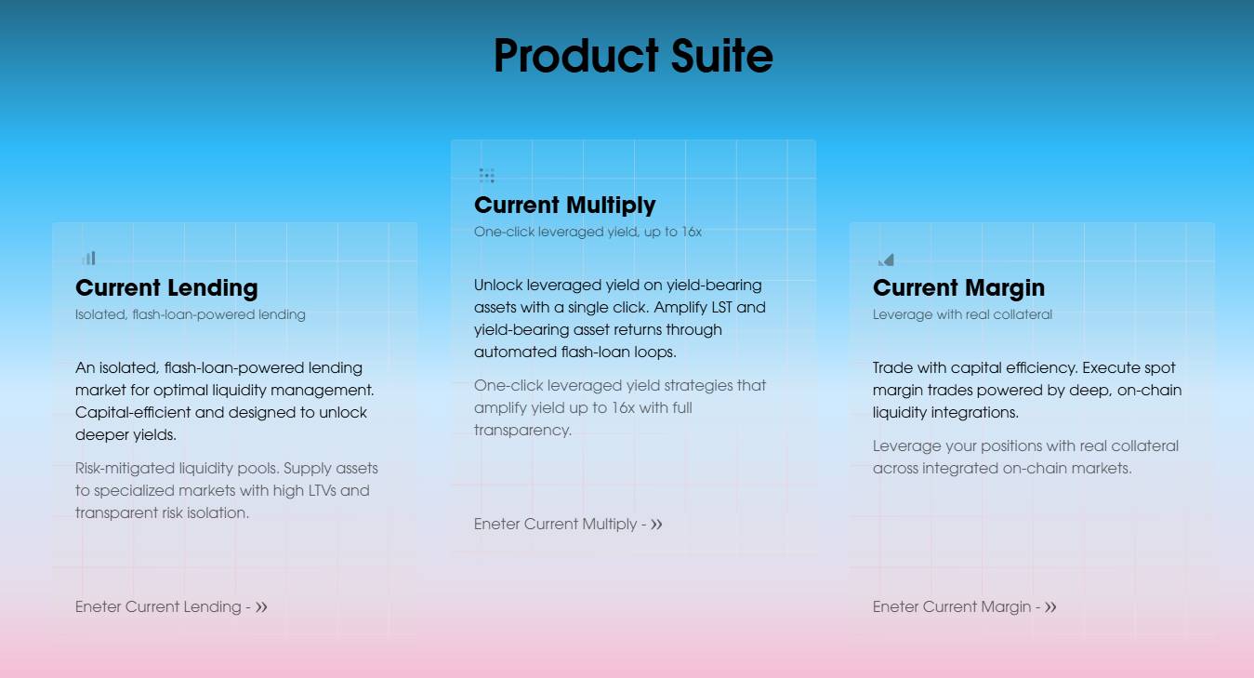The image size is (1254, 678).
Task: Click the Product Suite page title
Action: (x=633, y=56)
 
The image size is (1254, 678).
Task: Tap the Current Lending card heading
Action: (x=166, y=288)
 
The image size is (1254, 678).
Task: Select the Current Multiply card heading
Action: (x=565, y=206)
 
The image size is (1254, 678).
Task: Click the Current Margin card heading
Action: (x=958, y=288)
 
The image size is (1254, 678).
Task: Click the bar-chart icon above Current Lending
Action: (x=89, y=258)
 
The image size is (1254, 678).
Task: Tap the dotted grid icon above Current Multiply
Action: (x=486, y=176)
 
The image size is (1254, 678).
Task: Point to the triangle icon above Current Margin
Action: (x=886, y=259)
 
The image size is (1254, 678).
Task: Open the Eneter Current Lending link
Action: (x=171, y=606)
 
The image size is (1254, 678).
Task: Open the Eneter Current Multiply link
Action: (x=568, y=524)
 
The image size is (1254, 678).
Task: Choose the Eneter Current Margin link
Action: (x=965, y=606)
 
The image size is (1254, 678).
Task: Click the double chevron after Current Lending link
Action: (x=261, y=606)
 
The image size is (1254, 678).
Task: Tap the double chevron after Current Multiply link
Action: (x=656, y=524)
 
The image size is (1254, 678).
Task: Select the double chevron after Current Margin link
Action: (x=1050, y=606)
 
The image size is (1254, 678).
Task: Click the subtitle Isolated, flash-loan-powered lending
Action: (x=191, y=314)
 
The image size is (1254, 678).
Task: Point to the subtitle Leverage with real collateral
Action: (x=962, y=314)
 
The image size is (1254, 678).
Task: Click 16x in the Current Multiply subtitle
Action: (x=692, y=232)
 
